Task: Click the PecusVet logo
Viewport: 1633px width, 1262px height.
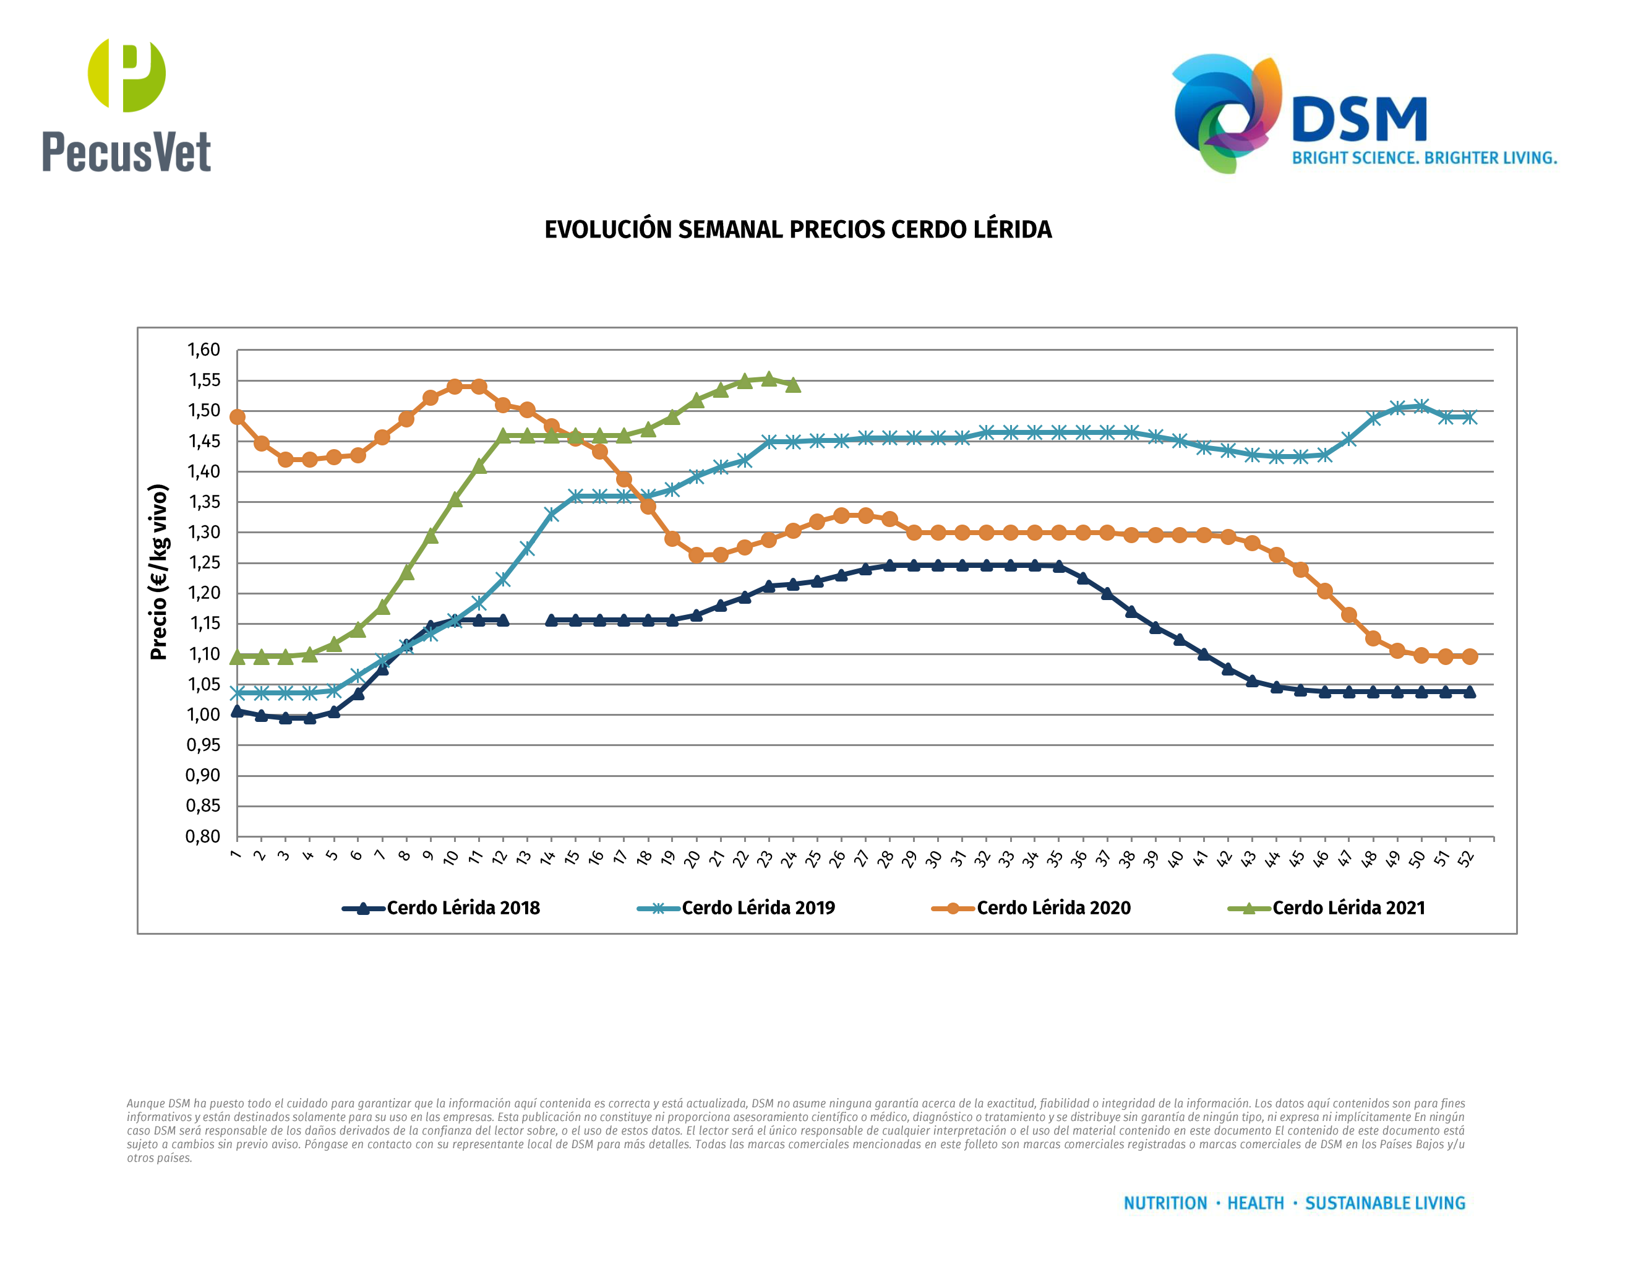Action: click(x=126, y=105)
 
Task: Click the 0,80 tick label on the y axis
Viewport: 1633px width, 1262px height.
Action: click(x=204, y=836)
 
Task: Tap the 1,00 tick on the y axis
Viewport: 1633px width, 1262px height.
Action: click(x=204, y=714)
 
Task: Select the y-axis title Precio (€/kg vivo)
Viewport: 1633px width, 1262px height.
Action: click(x=158, y=572)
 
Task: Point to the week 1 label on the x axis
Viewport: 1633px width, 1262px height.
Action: click(x=236, y=854)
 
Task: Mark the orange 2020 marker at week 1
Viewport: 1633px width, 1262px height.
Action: click(x=237, y=416)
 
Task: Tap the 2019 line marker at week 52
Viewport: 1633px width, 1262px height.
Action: click(x=1469, y=417)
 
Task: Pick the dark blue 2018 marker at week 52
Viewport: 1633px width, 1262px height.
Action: click(x=1469, y=692)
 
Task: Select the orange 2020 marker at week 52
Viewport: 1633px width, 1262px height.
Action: click(x=1469, y=656)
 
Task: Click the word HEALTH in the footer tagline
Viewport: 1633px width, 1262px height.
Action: click(x=1256, y=1203)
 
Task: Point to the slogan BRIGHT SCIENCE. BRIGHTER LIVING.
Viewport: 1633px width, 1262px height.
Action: click(x=1424, y=158)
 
